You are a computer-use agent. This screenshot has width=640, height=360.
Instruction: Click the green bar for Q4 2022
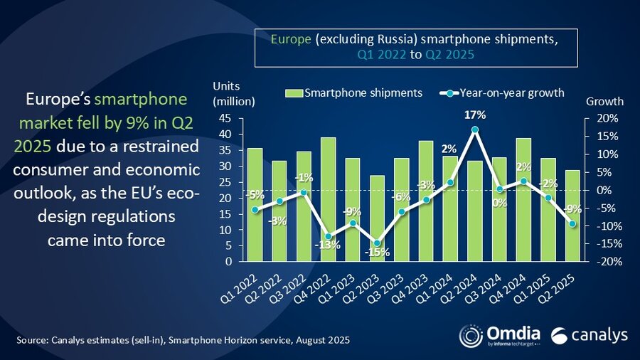[x=308, y=199]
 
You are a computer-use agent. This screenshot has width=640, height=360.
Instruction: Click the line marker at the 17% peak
[x=475, y=130]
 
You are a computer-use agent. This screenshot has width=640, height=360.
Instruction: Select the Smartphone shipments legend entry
[x=354, y=92]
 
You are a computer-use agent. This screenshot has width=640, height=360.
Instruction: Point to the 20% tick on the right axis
[x=601, y=118]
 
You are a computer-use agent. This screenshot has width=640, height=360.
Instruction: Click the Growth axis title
[x=604, y=101]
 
